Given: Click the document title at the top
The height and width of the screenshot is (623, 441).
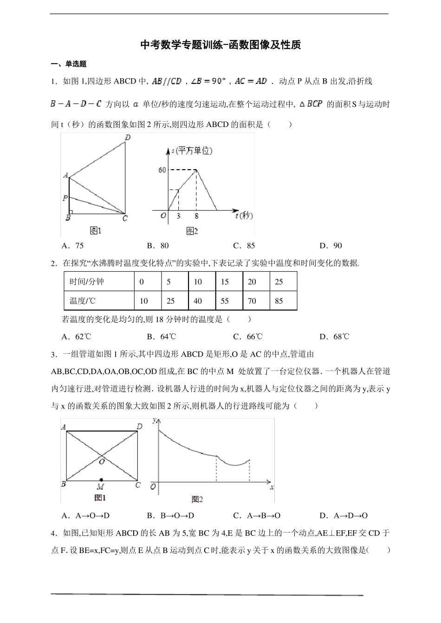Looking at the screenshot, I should coord(220,45).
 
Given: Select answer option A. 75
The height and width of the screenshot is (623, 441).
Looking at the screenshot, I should coord(72,246).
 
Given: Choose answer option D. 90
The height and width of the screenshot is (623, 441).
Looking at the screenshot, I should coord(331,246).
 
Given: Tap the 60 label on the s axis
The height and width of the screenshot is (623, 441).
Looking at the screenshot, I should coord(162,170).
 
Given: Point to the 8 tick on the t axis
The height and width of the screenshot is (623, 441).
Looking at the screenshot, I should coord(196,216).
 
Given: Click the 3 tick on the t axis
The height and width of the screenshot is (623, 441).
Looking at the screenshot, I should coord(178,216).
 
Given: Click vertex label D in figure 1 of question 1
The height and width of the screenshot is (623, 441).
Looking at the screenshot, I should coord(127,137).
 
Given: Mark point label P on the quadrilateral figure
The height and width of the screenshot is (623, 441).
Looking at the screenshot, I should coord(65,198).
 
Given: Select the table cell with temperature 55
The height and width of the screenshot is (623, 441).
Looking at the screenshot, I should coord(225,301).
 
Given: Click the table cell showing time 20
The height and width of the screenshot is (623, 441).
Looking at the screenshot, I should coord(252,282).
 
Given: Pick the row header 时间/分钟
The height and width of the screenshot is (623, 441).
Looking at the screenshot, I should coord(87,282).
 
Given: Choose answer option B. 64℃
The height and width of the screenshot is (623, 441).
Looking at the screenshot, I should coord(162,337).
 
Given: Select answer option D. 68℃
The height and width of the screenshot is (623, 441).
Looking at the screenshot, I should coord(334,337).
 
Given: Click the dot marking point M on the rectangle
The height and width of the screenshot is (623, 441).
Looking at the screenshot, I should coord(101,480).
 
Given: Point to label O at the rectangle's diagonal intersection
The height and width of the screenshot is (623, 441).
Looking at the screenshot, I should coord(102,461).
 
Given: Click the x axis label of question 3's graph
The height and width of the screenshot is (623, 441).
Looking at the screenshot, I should coord(272,487).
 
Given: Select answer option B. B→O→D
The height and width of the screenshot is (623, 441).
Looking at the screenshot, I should coord(170,515).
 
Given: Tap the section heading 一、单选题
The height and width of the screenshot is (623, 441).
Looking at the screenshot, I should coord(69,64).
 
